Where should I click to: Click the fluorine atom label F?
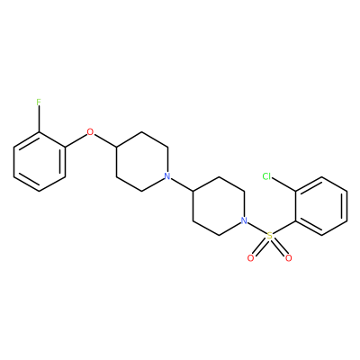tap(39, 103)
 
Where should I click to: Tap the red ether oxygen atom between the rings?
tap(90, 131)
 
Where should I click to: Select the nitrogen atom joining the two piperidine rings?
tap(167, 175)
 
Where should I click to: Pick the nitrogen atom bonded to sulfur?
tap(245, 220)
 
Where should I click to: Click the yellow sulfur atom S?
tap(270, 236)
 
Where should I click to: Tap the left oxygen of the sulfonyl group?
tap(251, 258)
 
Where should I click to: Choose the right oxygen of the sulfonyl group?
tap(289, 258)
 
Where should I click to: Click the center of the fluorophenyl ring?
tap(40, 161)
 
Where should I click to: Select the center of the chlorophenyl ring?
tap(321, 206)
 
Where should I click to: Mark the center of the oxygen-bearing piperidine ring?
tap(142, 161)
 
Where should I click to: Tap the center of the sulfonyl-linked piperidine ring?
tap(219, 206)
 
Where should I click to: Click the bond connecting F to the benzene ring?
tap(39, 119)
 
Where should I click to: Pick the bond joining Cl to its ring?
tap(284, 184)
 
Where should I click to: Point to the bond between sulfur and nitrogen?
tap(257, 229)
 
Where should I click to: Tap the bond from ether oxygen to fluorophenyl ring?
tap(76, 140)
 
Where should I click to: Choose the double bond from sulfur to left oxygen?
tap(260, 247)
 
